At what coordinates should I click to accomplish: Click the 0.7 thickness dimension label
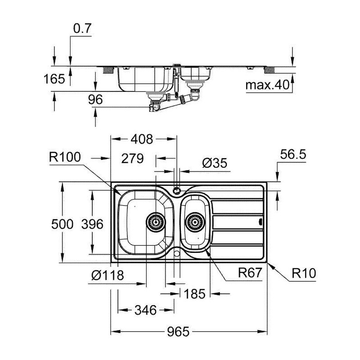click(x=82, y=29)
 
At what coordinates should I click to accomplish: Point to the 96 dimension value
click(x=96, y=100)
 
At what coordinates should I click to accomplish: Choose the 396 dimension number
click(x=94, y=224)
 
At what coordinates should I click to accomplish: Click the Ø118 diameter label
click(x=108, y=275)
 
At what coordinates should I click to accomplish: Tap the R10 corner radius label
click(x=304, y=273)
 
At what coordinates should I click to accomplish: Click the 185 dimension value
click(x=195, y=294)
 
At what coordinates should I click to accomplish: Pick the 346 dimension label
click(x=145, y=310)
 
